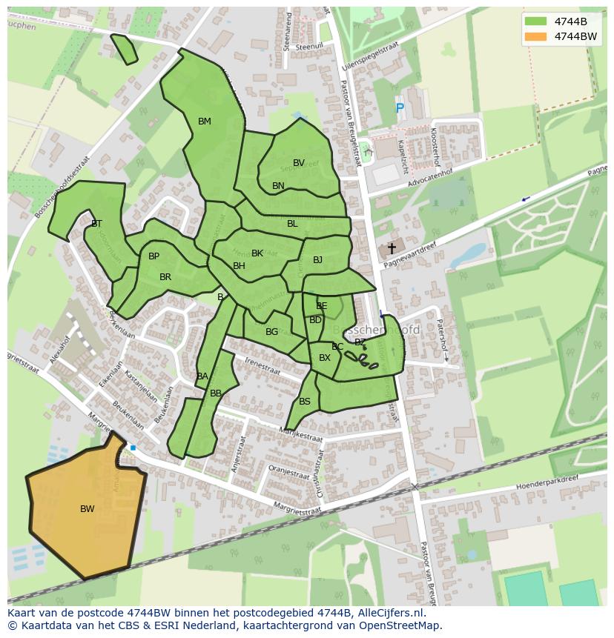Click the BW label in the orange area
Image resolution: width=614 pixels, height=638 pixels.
tap(87, 509)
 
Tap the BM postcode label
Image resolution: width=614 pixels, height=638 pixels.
tap(204, 122)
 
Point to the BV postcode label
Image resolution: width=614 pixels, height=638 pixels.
tap(298, 163)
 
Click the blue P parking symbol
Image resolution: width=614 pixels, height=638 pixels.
tap(400, 109)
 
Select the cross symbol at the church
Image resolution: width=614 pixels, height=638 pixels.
tap(392, 249)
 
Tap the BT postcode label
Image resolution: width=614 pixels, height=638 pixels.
tap(96, 223)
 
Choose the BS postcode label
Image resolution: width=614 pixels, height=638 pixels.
tap(305, 402)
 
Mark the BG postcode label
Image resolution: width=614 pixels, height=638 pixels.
tap(271, 332)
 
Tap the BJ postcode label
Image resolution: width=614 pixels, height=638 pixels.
tap(317, 260)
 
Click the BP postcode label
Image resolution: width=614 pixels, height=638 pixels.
tap(153, 256)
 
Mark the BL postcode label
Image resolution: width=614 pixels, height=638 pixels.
tap(292, 224)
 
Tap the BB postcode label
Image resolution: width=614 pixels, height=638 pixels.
tap(215, 393)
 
